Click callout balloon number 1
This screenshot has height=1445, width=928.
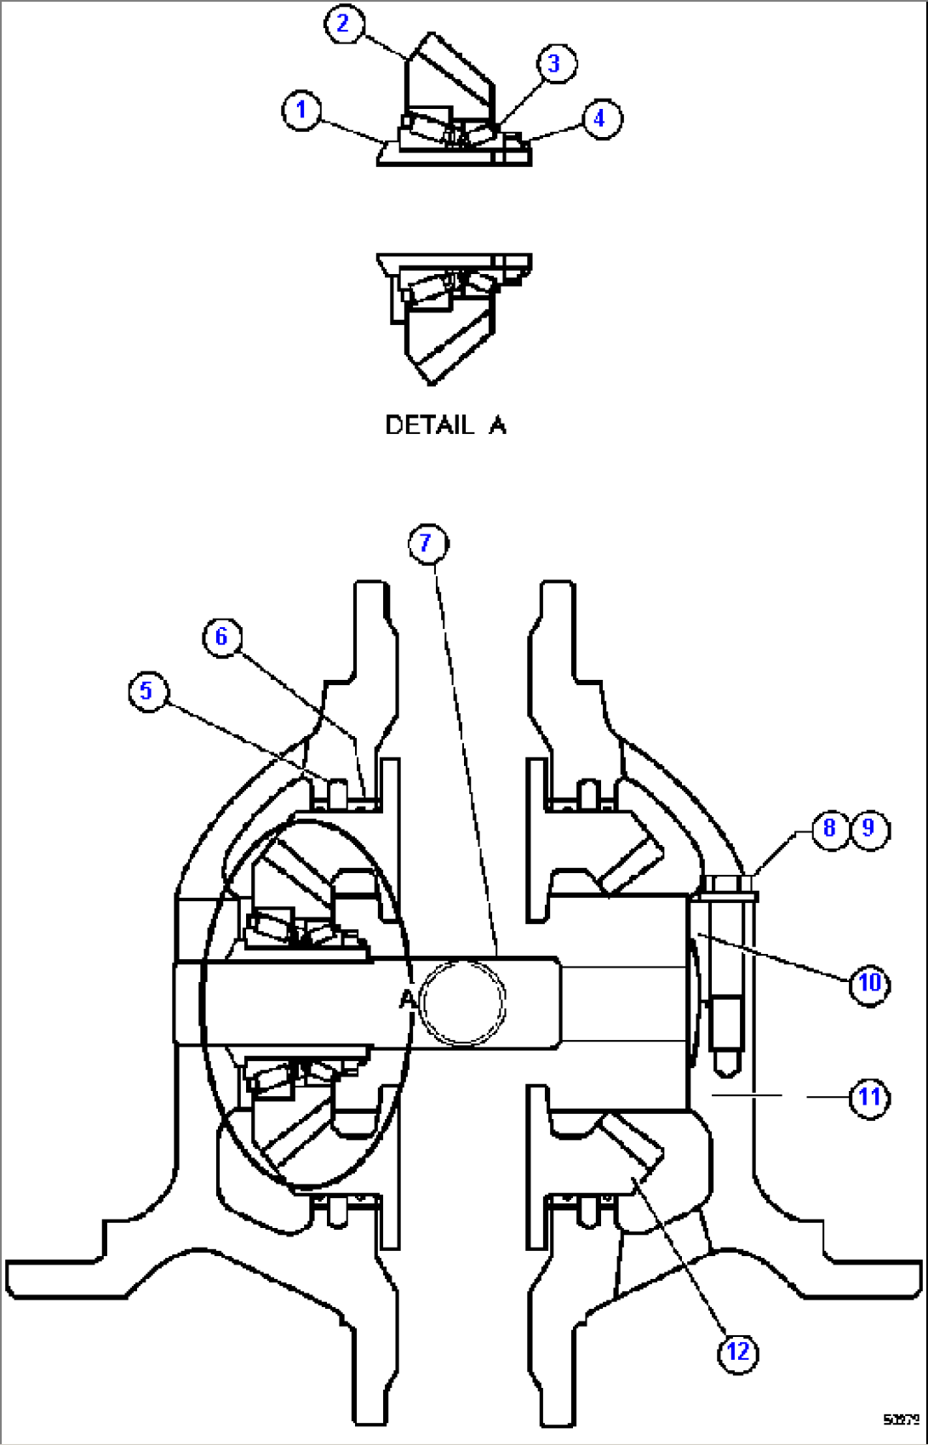pyautogui.click(x=301, y=111)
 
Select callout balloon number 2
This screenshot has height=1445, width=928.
pyautogui.click(x=344, y=23)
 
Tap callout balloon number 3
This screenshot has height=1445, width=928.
pyautogui.click(x=555, y=63)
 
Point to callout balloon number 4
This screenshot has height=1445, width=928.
pyautogui.click(x=600, y=118)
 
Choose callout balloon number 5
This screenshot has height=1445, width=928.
pyautogui.click(x=147, y=690)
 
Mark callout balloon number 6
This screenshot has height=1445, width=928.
pyautogui.click(x=222, y=637)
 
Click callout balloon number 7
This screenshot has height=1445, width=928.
pyautogui.click(x=427, y=543)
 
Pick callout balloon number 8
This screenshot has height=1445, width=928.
pyautogui.click(x=829, y=828)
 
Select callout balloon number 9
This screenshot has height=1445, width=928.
pyautogui.click(x=869, y=828)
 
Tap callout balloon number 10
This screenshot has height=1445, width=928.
pyautogui.click(x=869, y=984)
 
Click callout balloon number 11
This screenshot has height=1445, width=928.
pyautogui.click(x=869, y=1097)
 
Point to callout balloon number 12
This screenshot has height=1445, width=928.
pyautogui.click(x=737, y=1351)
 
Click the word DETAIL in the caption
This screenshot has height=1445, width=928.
pyautogui.click(x=429, y=425)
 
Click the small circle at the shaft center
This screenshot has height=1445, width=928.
pyautogui.click(x=462, y=1000)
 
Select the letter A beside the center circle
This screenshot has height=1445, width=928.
pyautogui.click(x=407, y=1000)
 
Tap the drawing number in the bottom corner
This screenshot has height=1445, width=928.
pyautogui.click(x=901, y=1419)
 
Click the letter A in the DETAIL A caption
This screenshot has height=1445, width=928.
pyautogui.click(x=497, y=425)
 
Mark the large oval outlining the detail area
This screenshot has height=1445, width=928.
pyautogui.click(x=203, y=1004)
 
